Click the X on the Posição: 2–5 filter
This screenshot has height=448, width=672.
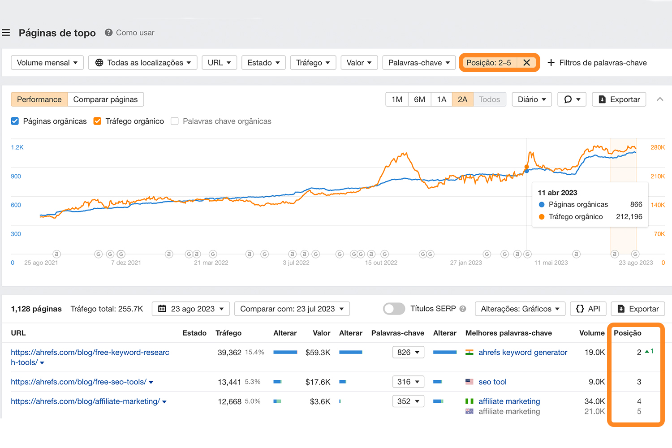[526, 63]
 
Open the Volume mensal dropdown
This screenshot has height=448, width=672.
[47, 63]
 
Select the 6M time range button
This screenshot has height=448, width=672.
[419, 99]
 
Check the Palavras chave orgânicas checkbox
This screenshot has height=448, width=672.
[175, 121]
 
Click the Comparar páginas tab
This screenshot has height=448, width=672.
[105, 99]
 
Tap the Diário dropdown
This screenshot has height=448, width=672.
[532, 99]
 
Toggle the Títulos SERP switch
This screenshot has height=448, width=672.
[394, 309]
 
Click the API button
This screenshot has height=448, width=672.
[588, 309]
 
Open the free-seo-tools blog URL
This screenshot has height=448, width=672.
[78, 382]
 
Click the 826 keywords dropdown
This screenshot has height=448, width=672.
[408, 352]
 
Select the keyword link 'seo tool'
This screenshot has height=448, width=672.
[492, 382]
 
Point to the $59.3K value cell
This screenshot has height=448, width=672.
[318, 353]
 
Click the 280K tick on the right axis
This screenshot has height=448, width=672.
[657, 147]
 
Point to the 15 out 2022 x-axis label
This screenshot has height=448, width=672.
[381, 263]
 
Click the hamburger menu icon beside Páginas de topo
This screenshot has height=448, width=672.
[6, 33]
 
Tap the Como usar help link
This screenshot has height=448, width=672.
[134, 33]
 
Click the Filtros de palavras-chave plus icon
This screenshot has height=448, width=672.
[551, 63]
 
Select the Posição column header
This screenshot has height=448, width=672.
[627, 333]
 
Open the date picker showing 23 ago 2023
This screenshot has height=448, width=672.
[190, 309]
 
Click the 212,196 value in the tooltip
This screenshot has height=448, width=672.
[629, 216]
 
